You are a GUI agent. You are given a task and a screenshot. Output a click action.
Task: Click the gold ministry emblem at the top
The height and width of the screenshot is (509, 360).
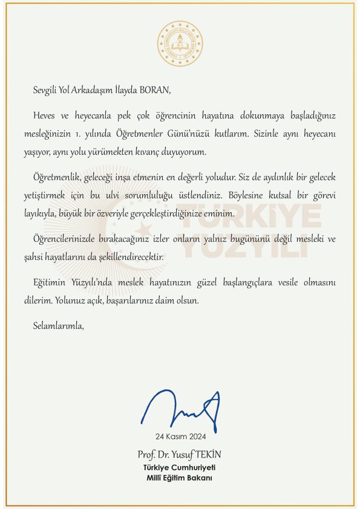[180, 44]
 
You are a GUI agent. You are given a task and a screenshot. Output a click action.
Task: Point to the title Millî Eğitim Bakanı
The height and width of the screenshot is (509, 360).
[180, 478]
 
